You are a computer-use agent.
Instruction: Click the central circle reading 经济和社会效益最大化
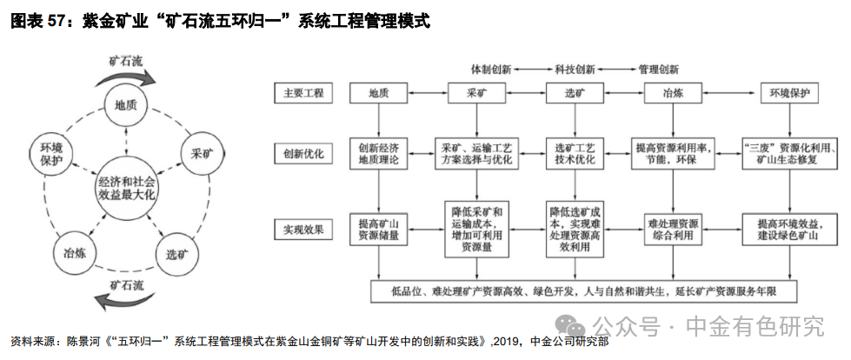tap(126, 185)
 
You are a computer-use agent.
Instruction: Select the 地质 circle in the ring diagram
tap(127, 106)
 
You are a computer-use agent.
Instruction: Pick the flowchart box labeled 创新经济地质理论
tap(378, 153)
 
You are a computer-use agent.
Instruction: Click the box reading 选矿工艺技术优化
tap(575, 153)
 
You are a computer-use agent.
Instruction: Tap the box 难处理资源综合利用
tap(674, 230)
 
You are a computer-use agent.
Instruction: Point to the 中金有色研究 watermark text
tap(753, 326)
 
